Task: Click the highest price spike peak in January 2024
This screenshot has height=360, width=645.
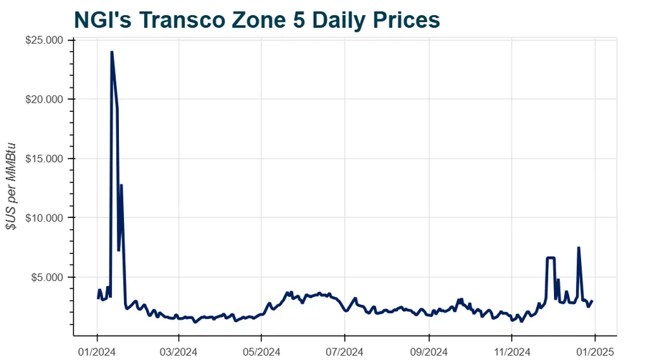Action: coord(112,52)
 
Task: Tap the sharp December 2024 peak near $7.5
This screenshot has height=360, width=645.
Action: coord(578,248)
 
